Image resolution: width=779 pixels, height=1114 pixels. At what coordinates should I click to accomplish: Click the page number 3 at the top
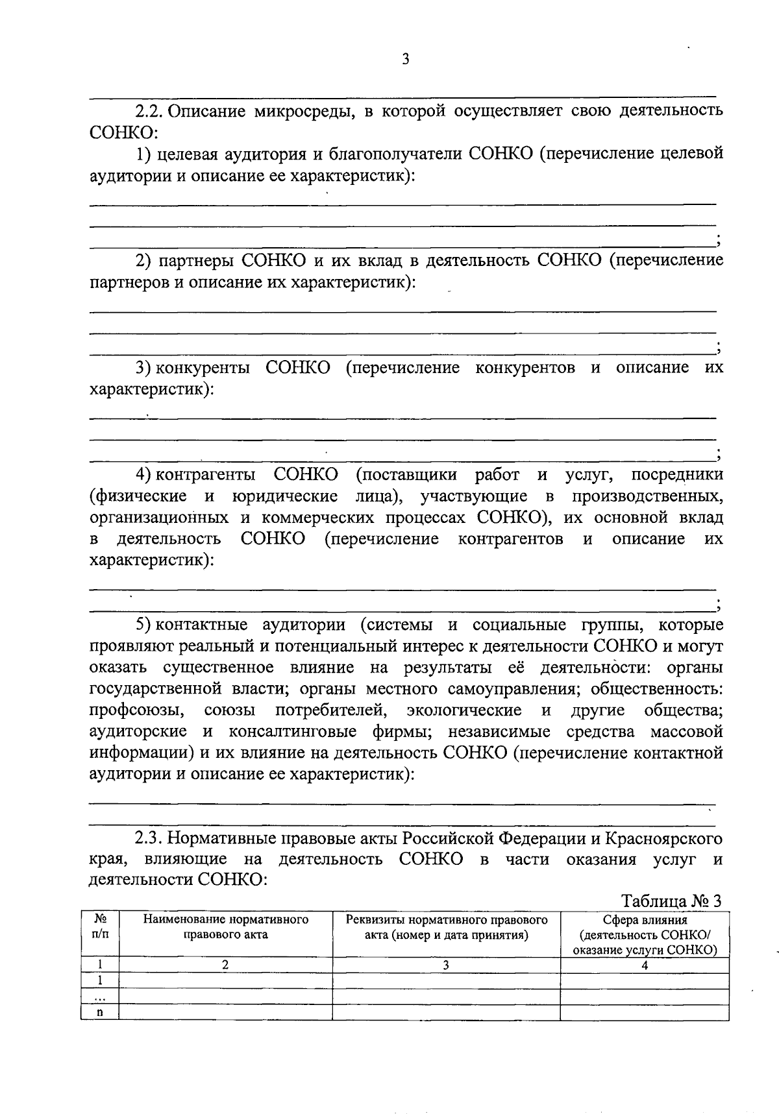[405, 60]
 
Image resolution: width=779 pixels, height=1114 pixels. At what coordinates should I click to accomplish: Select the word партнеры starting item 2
[197, 261]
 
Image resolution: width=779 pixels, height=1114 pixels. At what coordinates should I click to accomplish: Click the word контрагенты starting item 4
[206, 475]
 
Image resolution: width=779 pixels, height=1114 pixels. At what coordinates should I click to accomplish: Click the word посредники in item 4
[677, 475]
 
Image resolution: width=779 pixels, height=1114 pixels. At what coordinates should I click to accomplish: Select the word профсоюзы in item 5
[137, 710]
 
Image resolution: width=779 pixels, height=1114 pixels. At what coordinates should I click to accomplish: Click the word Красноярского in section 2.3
[663, 838]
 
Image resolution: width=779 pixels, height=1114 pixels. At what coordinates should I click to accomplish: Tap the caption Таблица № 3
[671, 901]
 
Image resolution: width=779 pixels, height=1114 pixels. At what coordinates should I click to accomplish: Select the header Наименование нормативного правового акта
[225, 927]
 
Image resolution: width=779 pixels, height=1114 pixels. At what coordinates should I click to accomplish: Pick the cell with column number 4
[645, 965]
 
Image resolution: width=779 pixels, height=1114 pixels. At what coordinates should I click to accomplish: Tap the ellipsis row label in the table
[100, 997]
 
